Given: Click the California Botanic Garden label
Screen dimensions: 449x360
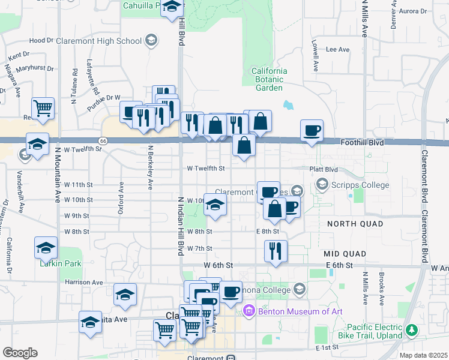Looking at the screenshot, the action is pyautogui.click(x=269, y=79).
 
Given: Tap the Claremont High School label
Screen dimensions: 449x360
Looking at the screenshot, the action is pyautogui.click(x=98, y=41).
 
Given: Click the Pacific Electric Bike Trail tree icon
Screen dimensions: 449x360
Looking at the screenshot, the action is pyautogui.click(x=412, y=330).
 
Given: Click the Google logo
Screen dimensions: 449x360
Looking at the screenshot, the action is pyautogui.click(x=20, y=353).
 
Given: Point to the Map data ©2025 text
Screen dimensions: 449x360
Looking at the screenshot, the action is pyautogui.click(x=423, y=355).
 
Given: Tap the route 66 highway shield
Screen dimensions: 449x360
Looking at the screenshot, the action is pyautogui.click(x=103, y=140).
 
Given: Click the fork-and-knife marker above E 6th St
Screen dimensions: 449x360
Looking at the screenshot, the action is pyautogui.click(x=276, y=251).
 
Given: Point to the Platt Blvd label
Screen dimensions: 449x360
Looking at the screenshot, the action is pyautogui.click(x=324, y=169).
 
